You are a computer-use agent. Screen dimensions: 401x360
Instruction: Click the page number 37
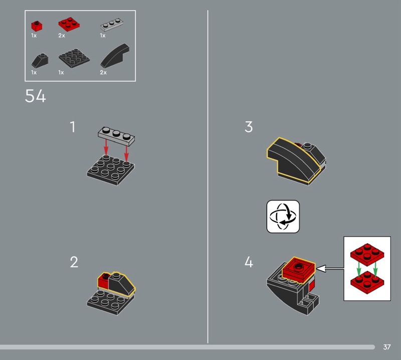386,347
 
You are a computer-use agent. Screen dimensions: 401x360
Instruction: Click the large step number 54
35,96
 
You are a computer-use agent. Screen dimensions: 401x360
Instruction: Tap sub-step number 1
73,127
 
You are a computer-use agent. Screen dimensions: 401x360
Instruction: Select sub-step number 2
74,262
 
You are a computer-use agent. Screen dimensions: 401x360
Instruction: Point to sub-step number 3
249,127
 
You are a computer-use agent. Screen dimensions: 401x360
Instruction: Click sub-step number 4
249,262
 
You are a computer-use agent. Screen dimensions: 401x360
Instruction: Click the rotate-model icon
283,217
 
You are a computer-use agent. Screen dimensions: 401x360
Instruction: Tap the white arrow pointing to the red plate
330,268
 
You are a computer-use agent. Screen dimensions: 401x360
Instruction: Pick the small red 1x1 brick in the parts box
37,26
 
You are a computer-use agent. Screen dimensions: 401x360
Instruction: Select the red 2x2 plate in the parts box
69,24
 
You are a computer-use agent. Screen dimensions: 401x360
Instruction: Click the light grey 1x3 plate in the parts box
111,24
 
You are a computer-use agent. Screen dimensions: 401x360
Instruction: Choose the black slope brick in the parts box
40,60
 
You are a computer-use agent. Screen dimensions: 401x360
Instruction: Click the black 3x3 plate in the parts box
74,58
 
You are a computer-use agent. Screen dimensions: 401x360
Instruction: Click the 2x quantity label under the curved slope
103,72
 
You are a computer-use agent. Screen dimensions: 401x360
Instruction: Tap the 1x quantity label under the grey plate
103,36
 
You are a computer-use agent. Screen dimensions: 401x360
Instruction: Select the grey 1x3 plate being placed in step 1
116,136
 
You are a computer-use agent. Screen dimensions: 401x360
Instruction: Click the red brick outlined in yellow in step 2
104,281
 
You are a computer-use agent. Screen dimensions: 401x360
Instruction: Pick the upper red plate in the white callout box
367,254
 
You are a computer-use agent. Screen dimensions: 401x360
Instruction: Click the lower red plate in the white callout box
367,282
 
